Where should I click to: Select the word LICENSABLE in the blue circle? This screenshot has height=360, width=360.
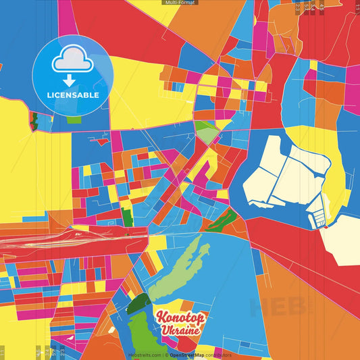point(73,95)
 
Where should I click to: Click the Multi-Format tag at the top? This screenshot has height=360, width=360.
point(180,3)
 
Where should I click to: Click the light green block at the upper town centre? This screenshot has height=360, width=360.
point(206,131)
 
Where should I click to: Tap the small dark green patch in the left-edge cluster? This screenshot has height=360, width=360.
point(34,122)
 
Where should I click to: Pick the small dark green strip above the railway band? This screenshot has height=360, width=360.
point(127,218)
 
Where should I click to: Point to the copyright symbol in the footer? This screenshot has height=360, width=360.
point(166,355)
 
